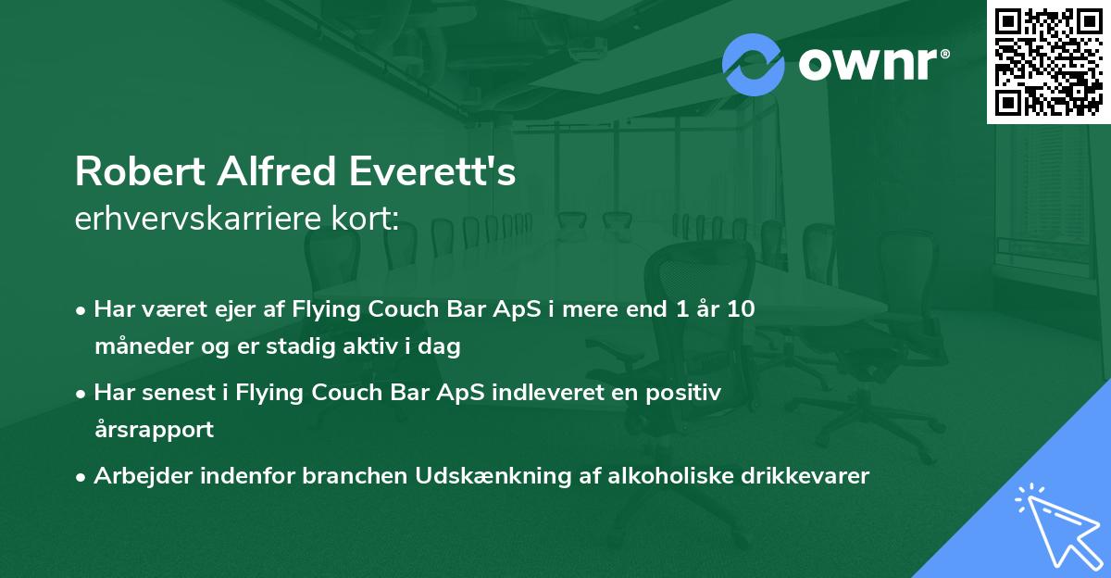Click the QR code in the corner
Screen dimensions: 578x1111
[x=1048, y=61]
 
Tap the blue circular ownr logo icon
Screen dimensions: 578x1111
[x=753, y=65]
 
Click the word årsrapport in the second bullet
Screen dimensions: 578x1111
[x=154, y=430]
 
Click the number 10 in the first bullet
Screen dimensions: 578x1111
[x=741, y=309]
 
